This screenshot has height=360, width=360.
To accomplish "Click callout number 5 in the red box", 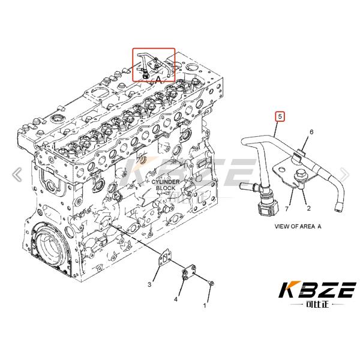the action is pos(280,116).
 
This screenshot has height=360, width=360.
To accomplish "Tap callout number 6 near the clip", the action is pos(311,132).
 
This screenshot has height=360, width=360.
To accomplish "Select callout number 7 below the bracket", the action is pos(287,209).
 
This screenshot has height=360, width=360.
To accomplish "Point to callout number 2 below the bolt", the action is pos(308,208).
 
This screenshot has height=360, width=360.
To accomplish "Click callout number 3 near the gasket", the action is pos(149,284).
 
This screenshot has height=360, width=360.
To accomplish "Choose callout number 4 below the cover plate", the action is pos(176,299).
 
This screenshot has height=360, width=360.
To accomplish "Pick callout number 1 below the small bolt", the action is pos(205,305).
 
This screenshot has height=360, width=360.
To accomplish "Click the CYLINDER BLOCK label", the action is pos(166,185).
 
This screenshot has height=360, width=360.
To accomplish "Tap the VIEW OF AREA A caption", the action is pos(298,226).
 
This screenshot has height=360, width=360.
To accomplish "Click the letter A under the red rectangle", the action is pos(158,80).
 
